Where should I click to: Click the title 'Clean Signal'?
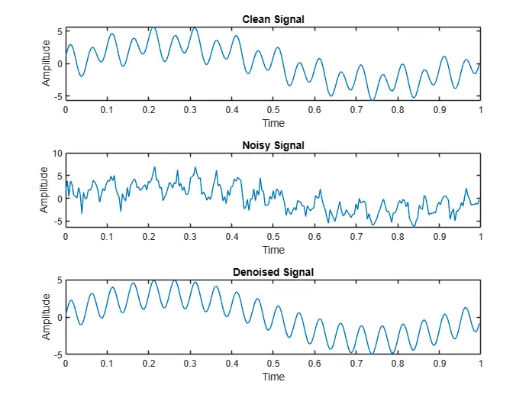pyautogui.click(x=273, y=19)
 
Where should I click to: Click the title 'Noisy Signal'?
pyautogui.click(x=273, y=145)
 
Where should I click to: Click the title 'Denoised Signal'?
pyautogui.click(x=273, y=272)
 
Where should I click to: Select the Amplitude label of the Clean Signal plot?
pyautogui.click(x=47, y=63)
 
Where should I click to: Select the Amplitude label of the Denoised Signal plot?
pyautogui.click(x=47, y=317)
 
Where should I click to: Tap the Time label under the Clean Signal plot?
pyautogui.click(x=273, y=123)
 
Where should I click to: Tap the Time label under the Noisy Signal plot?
pyautogui.click(x=273, y=250)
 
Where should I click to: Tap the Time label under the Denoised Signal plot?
pyautogui.click(x=273, y=377)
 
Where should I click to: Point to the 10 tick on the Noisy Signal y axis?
pyautogui.click(x=56, y=154)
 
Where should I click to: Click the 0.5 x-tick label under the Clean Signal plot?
pyautogui.click(x=273, y=110)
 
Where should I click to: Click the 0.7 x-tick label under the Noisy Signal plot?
pyautogui.click(x=356, y=237)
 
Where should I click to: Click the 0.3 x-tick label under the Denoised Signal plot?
pyautogui.click(x=190, y=364)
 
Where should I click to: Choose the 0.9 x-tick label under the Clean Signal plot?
pyautogui.click(x=439, y=110)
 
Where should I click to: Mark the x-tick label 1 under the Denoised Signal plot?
pyautogui.click(x=480, y=364)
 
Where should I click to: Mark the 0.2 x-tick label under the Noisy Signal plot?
pyautogui.click(x=148, y=237)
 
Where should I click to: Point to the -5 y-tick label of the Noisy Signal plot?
pyautogui.click(x=57, y=222)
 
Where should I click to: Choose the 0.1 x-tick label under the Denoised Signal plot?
pyautogui.click(x=107, y=364)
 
